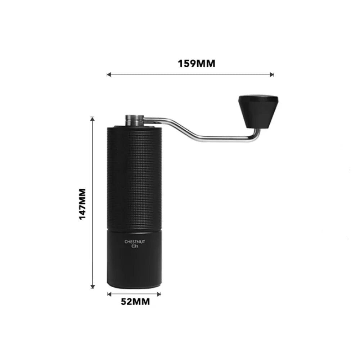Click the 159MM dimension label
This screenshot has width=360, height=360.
coord(197,64)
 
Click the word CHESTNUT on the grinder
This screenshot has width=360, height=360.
coord(135,242)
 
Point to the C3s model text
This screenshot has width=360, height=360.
coord(135,247)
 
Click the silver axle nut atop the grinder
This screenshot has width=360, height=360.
coord(135,120)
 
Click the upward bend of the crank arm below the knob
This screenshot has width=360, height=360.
coord(256,135)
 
